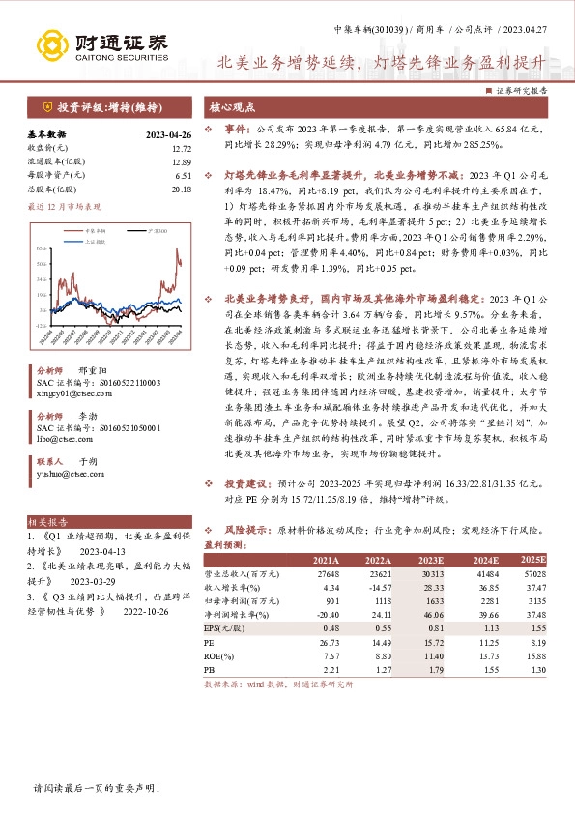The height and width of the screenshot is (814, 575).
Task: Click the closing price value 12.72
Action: (x=181, y=149)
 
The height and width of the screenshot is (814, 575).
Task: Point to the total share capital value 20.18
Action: (x=181, y=189)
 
